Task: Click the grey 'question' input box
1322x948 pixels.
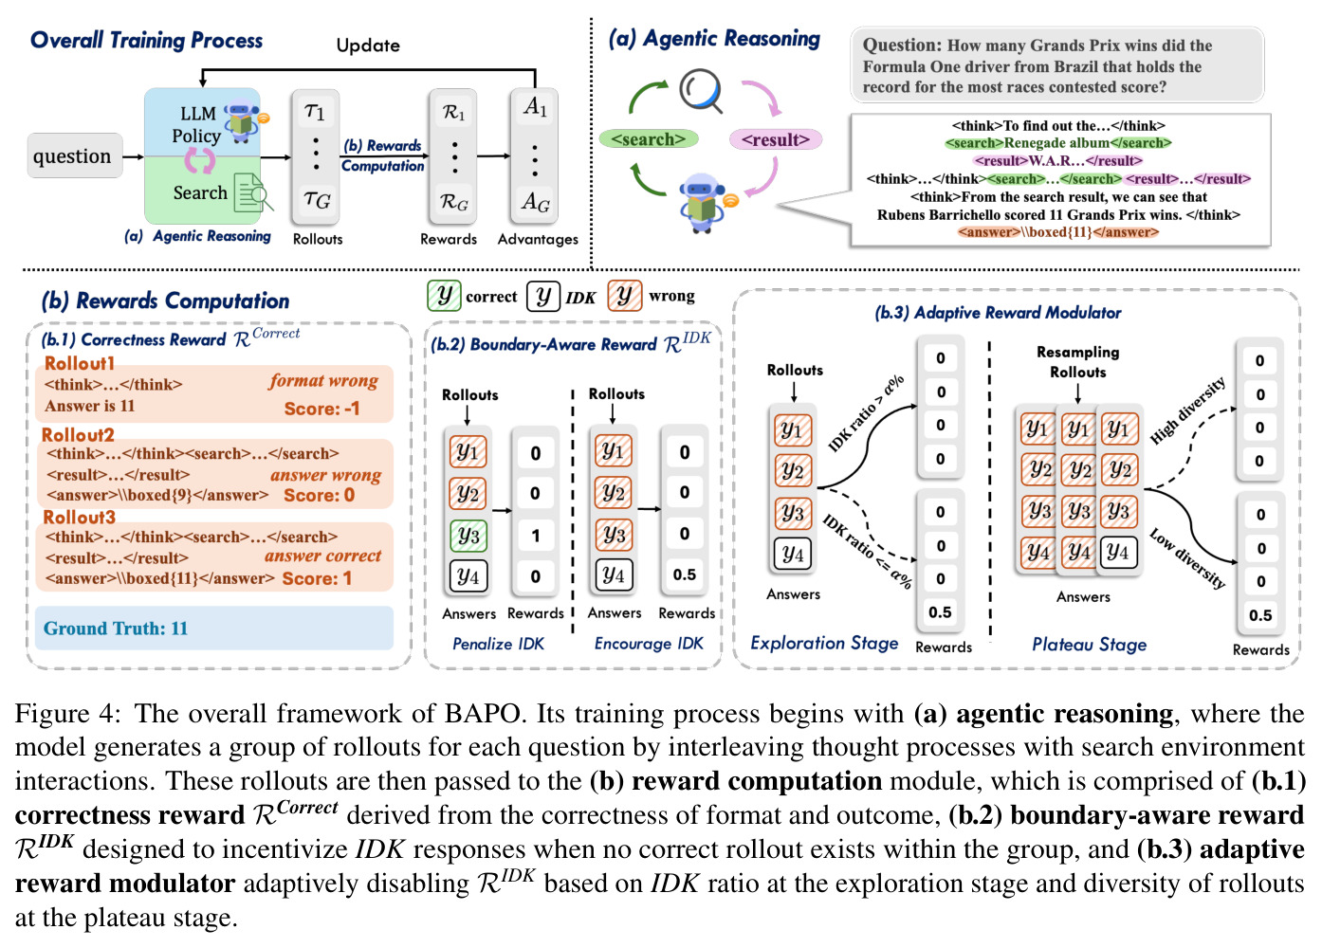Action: tap(75, 155)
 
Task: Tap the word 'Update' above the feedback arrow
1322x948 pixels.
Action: tap(368, 46)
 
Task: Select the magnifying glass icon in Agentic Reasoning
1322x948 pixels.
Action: tap(701, 91)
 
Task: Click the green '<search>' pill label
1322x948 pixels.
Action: tap(649, 139)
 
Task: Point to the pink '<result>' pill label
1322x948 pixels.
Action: tap(776, 139)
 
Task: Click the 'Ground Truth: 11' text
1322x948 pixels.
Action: tap(116, 629)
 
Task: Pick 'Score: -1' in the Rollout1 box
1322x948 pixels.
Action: tap(321, 409)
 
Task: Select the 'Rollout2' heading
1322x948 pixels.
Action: tap(78, 435)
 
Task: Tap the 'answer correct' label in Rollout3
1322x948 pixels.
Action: tap(322, 556)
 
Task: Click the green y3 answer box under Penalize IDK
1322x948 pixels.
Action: tap(468, 536)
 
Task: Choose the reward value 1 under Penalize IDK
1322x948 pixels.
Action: tap(535, 536)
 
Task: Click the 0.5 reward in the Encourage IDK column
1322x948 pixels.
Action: tap(685, 574)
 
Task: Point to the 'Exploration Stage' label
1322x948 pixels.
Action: tap(824, 643)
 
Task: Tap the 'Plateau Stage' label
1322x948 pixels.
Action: tap(1089, 645)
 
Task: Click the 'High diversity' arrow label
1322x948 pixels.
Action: tap(1187, 410)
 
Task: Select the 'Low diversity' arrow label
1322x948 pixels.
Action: tap(1187, 558)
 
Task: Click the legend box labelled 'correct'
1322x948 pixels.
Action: tap(444, 296)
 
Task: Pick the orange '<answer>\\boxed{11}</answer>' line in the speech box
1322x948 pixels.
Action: tap(1058, 232)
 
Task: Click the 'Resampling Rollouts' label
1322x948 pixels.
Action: tap(1077, 362)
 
